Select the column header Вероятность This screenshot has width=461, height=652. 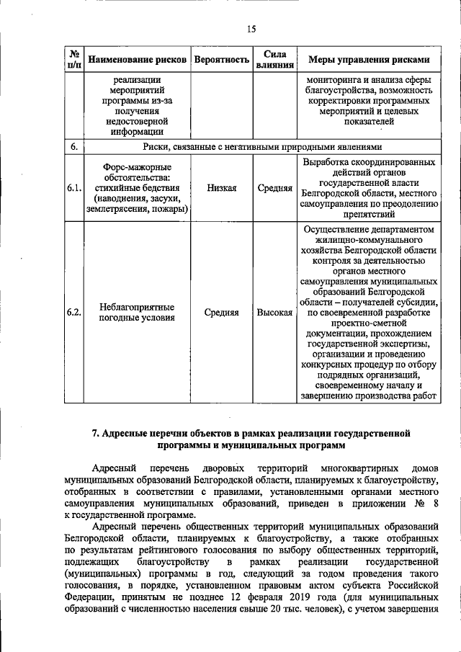221,59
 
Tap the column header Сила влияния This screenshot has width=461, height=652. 274,59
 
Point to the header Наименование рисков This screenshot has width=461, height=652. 137,59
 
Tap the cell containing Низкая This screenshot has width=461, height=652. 221,188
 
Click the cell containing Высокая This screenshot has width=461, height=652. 274,313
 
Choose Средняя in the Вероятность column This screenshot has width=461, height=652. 221,313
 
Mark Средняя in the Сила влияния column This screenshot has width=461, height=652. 274,188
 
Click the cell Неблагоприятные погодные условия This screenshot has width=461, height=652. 137,313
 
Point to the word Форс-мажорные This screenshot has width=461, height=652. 137,166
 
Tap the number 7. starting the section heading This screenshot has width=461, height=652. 95,433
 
